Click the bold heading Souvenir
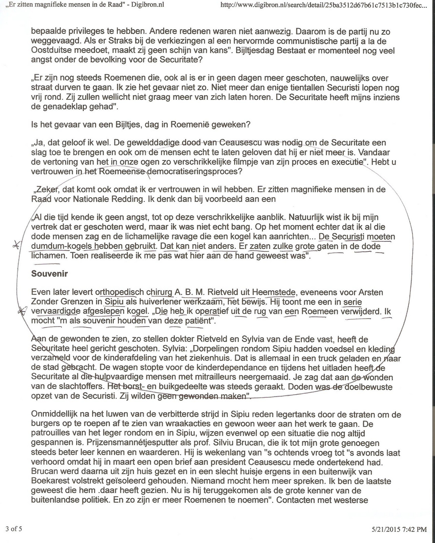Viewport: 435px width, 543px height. click(49, 274)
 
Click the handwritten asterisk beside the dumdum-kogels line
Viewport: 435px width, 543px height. click(15, 245)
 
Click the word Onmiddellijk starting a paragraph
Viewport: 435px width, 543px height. click(56, 414)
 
